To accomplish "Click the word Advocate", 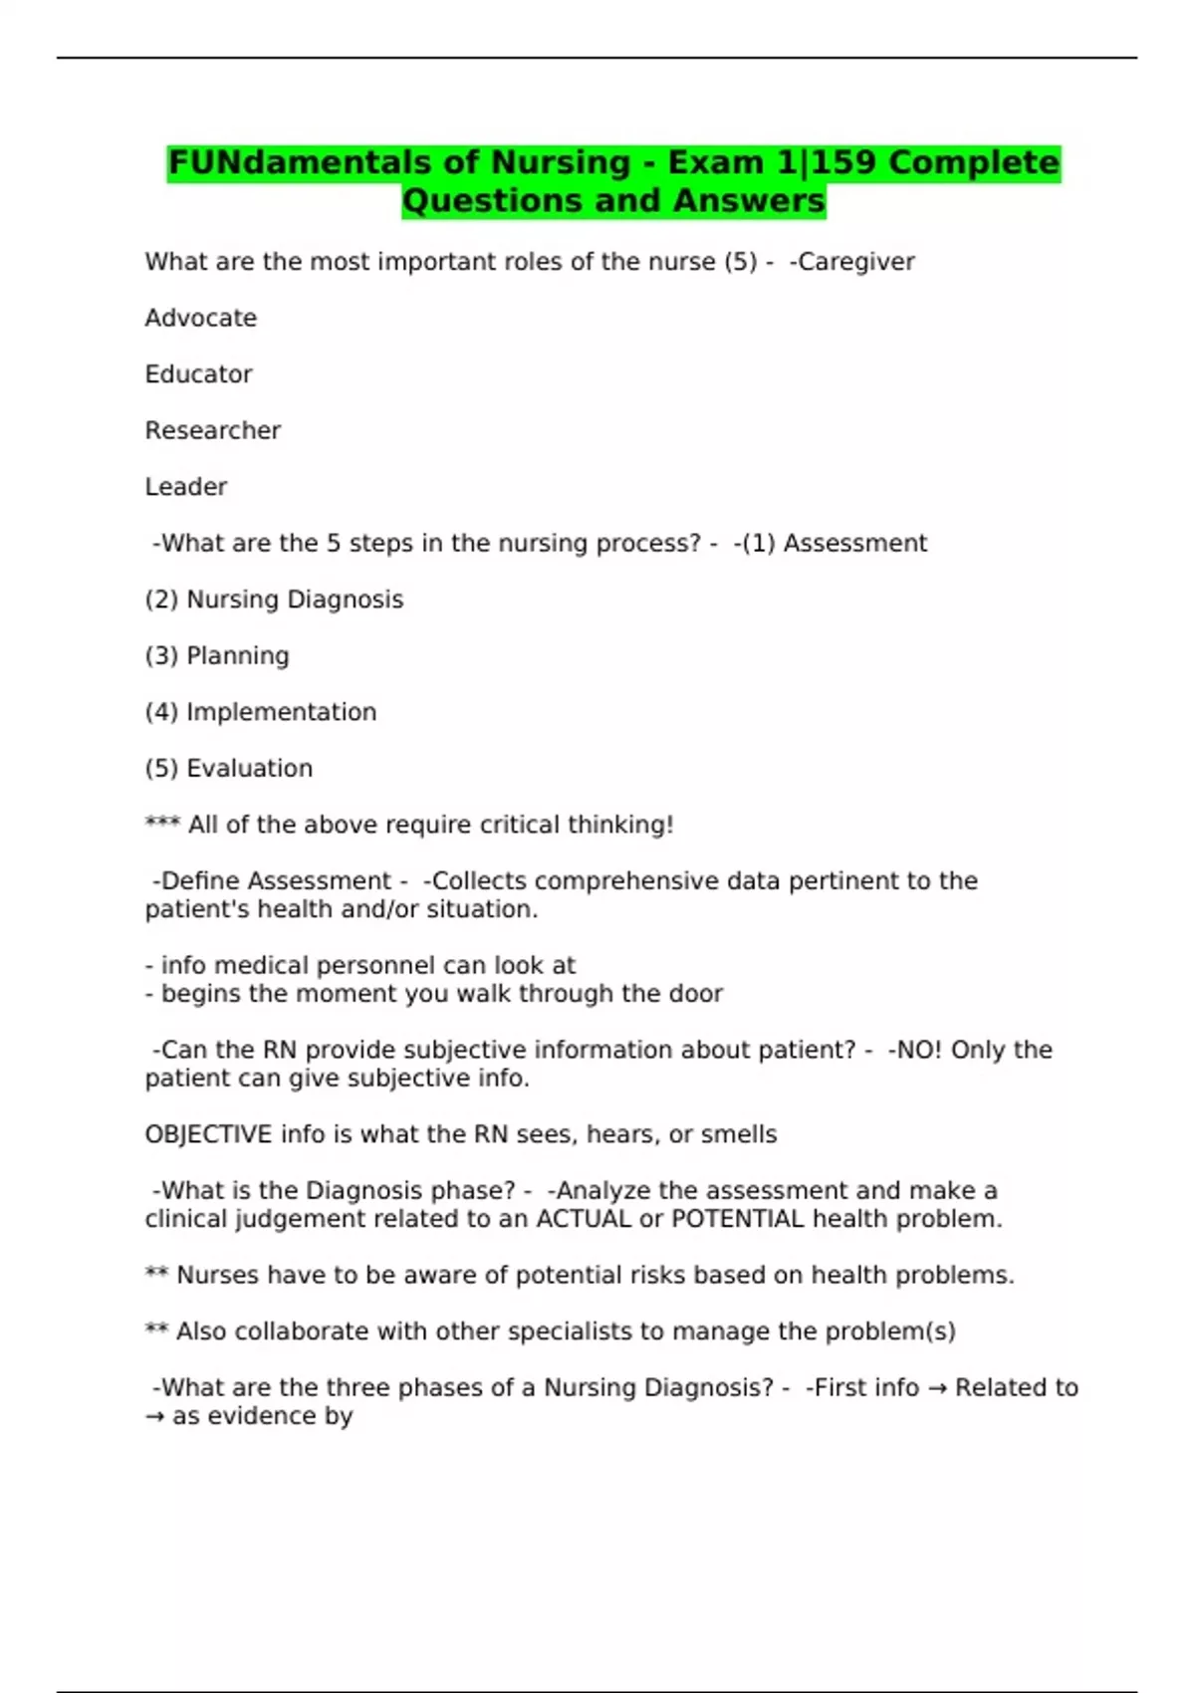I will [x=201, y=318].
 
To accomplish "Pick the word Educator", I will [x=199, y=374].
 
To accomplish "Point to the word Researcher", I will [x=213, y=430].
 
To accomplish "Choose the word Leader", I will [x=186, y=487].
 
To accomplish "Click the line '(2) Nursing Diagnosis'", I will [x=274, y=600].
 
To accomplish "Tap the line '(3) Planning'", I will [x=217, y=655].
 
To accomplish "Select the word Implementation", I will [x=281, y=712].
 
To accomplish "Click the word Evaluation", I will [x=249, y=768].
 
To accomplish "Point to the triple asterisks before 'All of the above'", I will [x=161, y=823].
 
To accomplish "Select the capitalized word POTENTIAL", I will [x=738, y=1219].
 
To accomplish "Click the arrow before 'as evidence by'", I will [x=154, y=1416].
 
